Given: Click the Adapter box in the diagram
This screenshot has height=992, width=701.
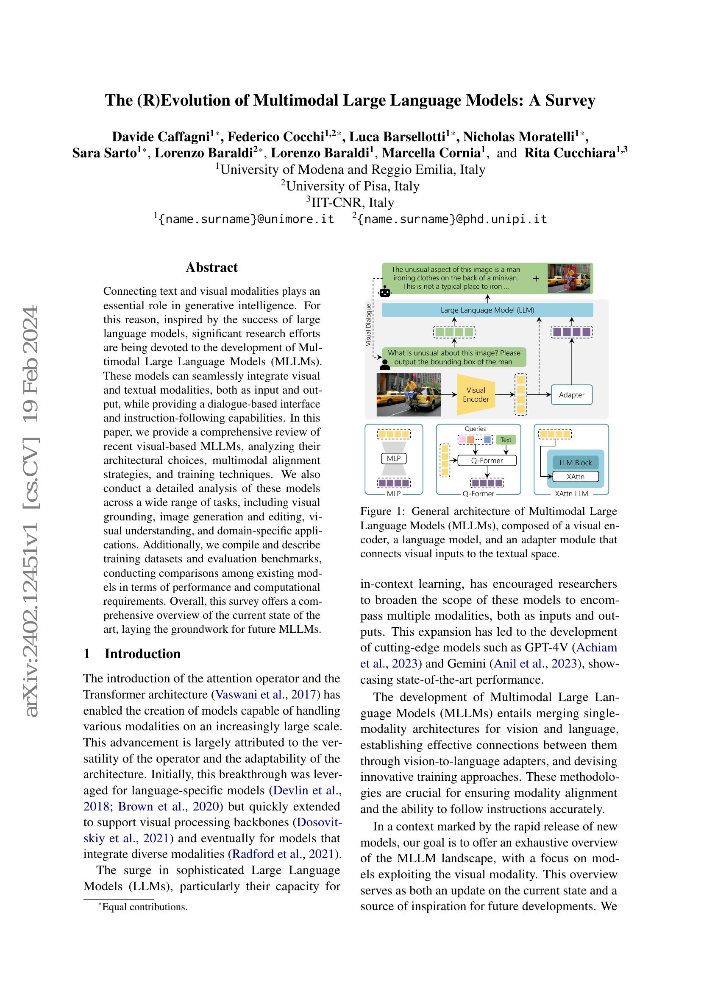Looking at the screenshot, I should point(571,394).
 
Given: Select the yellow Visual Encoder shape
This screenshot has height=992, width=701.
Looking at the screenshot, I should point(476,394).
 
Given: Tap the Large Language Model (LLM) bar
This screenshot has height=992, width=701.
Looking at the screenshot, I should point(487,310).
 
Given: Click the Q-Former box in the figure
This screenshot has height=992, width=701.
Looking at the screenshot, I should point(487,461).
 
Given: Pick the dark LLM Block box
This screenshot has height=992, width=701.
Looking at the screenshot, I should point(576,462).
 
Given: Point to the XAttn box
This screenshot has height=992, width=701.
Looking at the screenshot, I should point(576,477).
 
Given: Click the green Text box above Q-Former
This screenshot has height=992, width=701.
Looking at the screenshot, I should point(506,440).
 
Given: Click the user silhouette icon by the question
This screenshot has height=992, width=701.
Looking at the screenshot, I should point(384,364).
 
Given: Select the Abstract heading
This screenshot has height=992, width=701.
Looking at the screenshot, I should point(211,268).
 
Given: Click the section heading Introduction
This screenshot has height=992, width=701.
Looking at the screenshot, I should point(142,653).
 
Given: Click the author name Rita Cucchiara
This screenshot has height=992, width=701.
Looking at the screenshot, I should point(570,153).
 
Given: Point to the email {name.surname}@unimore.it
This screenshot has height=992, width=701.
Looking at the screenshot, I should point(247,218).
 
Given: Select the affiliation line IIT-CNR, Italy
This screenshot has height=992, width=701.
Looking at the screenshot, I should point(350,202).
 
